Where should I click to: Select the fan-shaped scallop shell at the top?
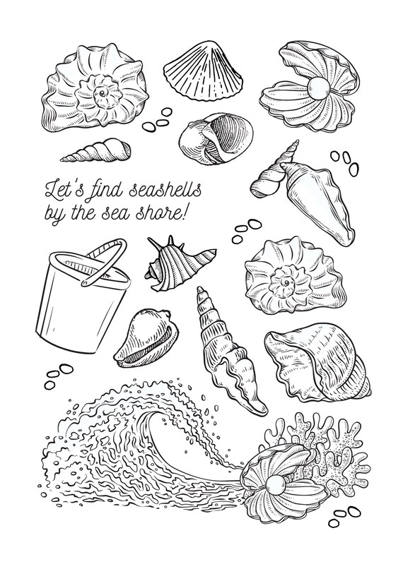pos(202,71)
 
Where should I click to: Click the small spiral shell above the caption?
pos(96,150)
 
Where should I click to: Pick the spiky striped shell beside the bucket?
pos(178,264)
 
